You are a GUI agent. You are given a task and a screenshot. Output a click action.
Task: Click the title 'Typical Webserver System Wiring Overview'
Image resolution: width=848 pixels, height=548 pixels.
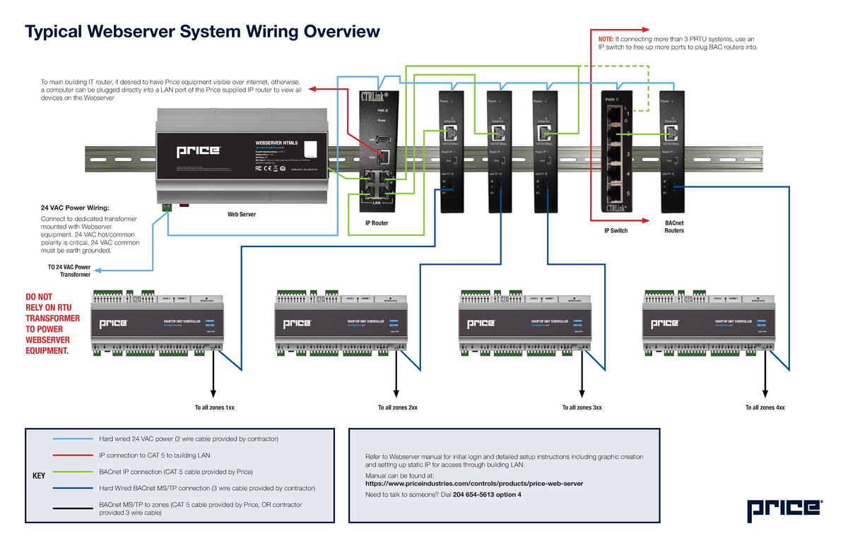pyautogui.click(x=202, y=32)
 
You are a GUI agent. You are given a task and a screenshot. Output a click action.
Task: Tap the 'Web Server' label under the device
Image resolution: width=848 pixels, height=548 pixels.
pyautogui.click(x=242, y=214)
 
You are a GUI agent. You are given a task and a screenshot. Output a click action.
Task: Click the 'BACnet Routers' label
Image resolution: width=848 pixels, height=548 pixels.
pyautogui.click(x=674, y=227)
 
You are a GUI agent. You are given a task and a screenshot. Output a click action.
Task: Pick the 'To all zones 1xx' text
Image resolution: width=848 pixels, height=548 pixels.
pyautogui.click(x=215, y=408)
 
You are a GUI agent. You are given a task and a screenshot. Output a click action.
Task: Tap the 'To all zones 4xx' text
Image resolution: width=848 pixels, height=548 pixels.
pyautogui.click(x=765, y=408)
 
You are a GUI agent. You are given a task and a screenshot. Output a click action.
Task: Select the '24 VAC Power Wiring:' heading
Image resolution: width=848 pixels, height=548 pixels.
pyautogui.click(x=74, y=208)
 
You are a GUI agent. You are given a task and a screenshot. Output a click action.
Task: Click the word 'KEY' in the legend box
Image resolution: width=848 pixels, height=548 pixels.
pyautogui.click(x=40, y=476)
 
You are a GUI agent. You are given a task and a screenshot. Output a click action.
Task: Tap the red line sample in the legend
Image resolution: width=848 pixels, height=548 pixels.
pyautogui.click(x=72, y=455)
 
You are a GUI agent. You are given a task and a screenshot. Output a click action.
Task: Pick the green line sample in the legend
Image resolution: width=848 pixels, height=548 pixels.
pyautogui.click(x=72, y=472)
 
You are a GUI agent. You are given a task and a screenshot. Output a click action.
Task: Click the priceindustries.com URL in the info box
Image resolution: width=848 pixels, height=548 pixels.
pyautogui.click(x=473, y=483)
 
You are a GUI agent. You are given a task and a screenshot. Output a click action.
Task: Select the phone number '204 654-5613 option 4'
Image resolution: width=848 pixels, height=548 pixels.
pyautogui.click(x=486, y=495)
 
